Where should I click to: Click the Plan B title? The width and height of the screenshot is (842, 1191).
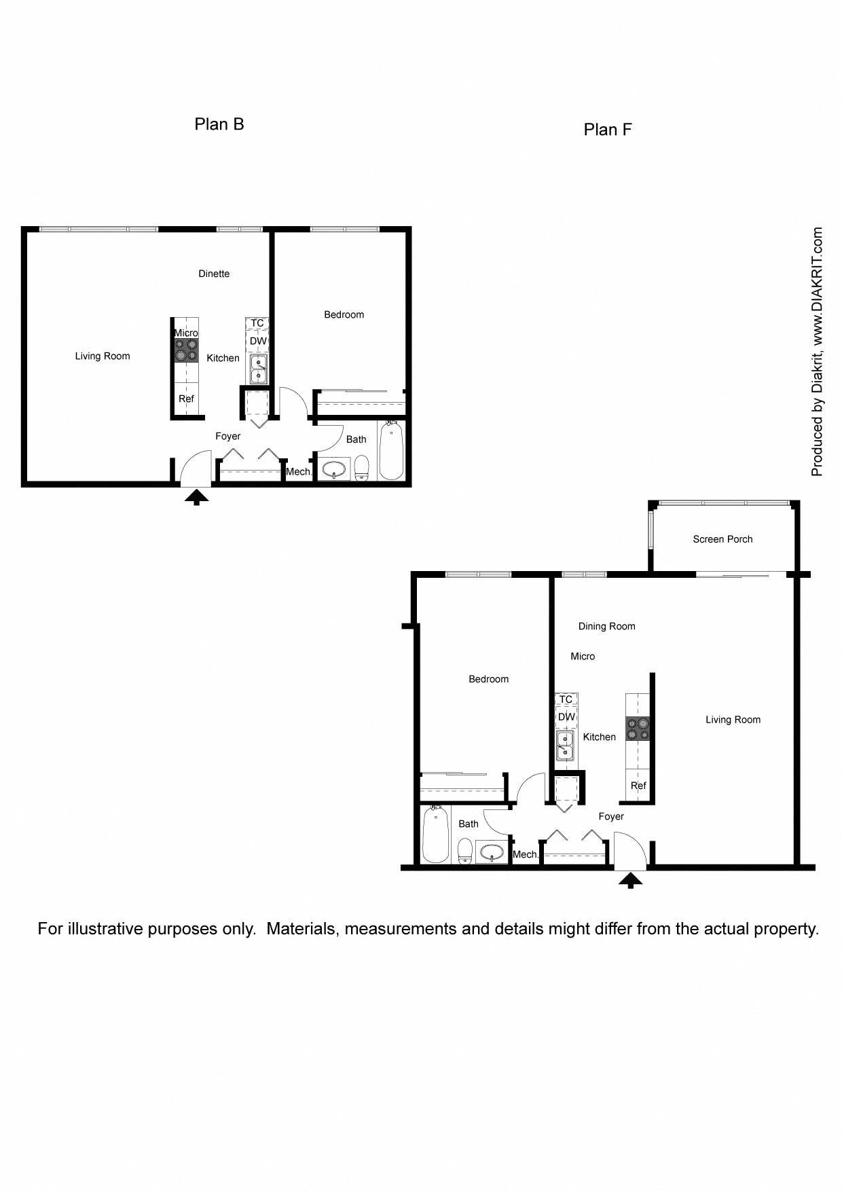[x=219, y=124]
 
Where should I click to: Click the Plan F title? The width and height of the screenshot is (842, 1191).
[x=607, y=130]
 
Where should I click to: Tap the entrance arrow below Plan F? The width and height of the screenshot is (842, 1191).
[x=631, y=881]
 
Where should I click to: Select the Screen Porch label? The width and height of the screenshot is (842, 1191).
[x=722, y=539]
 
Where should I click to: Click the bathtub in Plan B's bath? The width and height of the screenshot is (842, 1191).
[x=391, y=450]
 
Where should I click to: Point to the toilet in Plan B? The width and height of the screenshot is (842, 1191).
[x=361, y=468]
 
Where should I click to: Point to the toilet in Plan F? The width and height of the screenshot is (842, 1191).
[x=465, y=850]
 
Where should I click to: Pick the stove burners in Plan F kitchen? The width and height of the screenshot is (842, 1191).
[x=638, y=729]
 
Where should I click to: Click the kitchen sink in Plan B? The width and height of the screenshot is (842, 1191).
[x=259, y=369]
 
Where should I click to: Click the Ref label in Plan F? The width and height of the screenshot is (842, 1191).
[x=638, y=786]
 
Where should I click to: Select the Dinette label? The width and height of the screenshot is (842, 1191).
[x=214, y=274]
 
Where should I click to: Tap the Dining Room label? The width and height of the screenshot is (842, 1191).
[x=606, y=626]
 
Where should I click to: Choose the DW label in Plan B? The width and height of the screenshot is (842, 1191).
[x=258, y=341]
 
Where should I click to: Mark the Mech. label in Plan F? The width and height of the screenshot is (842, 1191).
[x=526, y=854]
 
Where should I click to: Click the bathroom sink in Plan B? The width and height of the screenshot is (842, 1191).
[x=334, y=469]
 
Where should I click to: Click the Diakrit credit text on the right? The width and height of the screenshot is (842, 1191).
[x=817, y=351]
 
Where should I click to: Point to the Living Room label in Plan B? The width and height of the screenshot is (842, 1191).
[x=103, y=356]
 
